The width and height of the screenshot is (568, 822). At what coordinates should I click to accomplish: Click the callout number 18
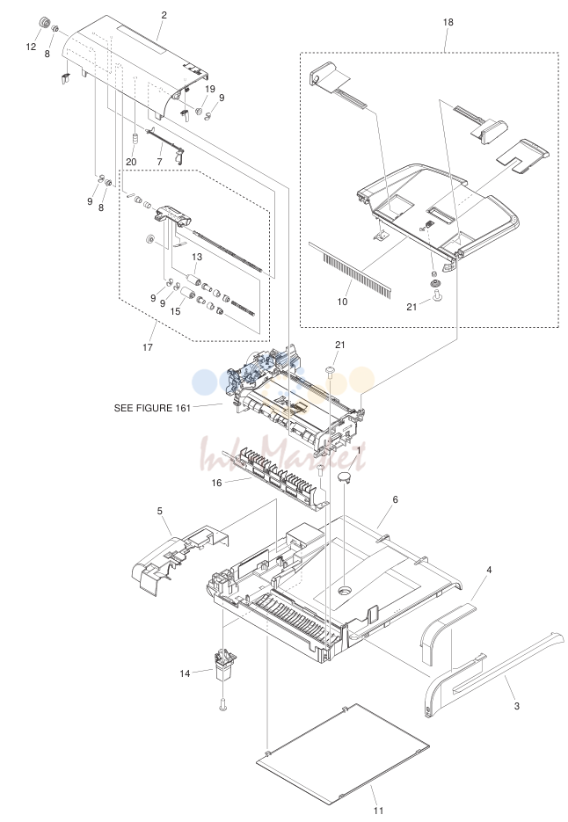[x=448, y=22]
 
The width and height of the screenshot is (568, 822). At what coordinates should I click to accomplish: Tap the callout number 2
[x=164, y=15]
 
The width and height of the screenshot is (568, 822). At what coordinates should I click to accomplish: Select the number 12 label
[x=31, y=47]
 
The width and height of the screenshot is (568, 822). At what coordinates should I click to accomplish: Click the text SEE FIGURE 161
[x=152, y=408]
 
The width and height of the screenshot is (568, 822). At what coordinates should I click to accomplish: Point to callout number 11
[x=379, y=811]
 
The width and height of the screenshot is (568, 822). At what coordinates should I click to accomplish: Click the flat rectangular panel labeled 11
[x=343, y=753]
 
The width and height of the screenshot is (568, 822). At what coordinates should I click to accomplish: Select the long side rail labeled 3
[x=493, y=674]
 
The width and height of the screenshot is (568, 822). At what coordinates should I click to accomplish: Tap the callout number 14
[x=186, y=673]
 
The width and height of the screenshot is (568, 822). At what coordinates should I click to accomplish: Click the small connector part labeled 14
[x=225, y=665]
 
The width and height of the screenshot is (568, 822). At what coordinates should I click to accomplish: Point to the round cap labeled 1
[x=344, y=477]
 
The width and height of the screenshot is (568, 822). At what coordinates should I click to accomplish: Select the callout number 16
[x=216, y=483]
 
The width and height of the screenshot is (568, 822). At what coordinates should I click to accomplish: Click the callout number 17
[x=148, y=347]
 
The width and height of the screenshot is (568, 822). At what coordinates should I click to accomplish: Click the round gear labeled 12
[x=45, y=23]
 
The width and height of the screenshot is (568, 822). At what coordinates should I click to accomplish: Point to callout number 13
[x=197, y=257]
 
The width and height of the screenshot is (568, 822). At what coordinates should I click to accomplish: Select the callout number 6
[x=395, y=499]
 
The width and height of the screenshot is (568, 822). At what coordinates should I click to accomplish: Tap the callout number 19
[x=210, y=89]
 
